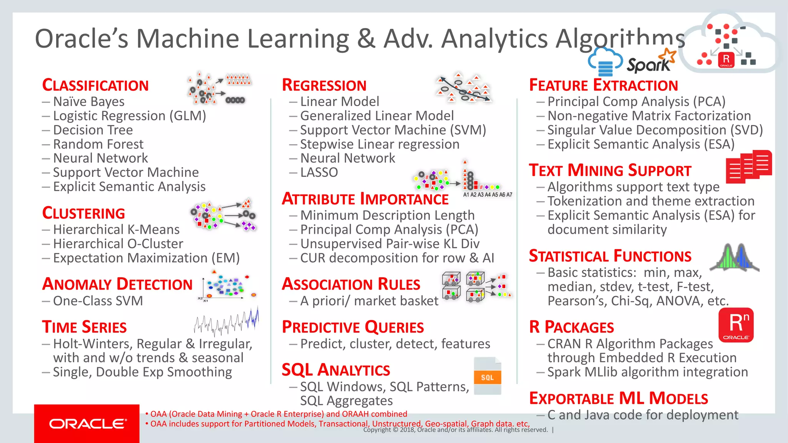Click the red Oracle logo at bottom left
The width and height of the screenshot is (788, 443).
87,423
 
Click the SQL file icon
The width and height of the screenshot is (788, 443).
487,376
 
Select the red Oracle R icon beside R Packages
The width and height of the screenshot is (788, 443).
736,325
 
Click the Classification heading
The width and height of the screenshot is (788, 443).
95,85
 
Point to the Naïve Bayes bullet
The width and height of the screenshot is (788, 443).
88,102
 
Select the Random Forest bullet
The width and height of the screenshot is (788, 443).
98,144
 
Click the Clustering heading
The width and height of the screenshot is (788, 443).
83,213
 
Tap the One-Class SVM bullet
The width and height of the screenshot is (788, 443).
98,301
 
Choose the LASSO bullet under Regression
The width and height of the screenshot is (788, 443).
319,172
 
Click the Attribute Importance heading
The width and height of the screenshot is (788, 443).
365,199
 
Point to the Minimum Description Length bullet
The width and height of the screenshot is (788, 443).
387,215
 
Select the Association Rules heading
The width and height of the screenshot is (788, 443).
351,284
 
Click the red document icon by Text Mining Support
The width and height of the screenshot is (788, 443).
748,166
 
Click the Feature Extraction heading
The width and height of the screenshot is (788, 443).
603,85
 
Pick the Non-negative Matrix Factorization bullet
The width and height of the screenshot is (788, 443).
649,116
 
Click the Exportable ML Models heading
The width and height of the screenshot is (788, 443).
618,398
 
